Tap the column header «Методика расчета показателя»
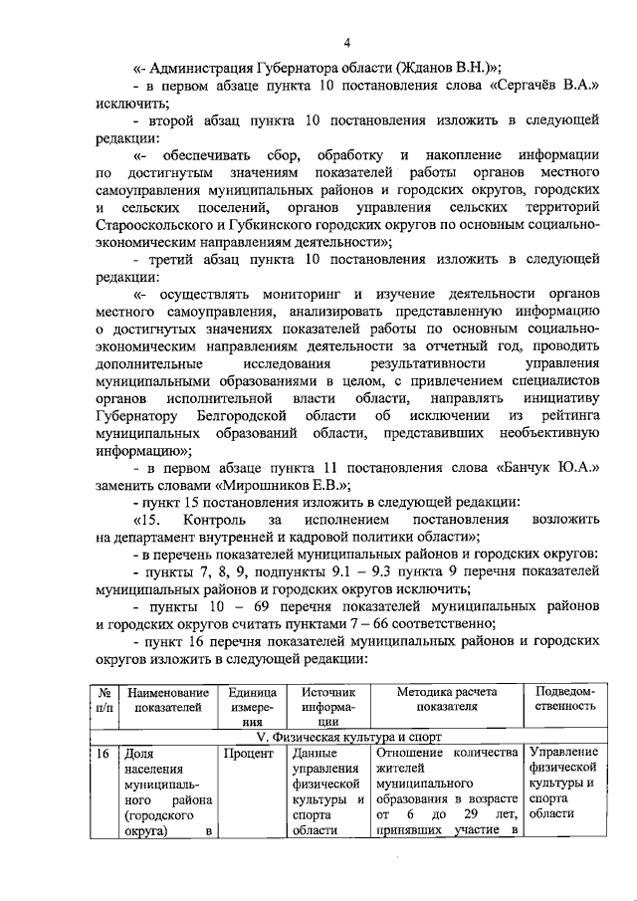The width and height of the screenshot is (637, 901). (x=446, y=700)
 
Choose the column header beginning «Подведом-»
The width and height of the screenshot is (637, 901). (x=565, y=700)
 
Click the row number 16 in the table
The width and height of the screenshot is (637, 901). (x=104, y=754)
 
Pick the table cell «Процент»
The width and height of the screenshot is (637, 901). (x=248, y=754)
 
